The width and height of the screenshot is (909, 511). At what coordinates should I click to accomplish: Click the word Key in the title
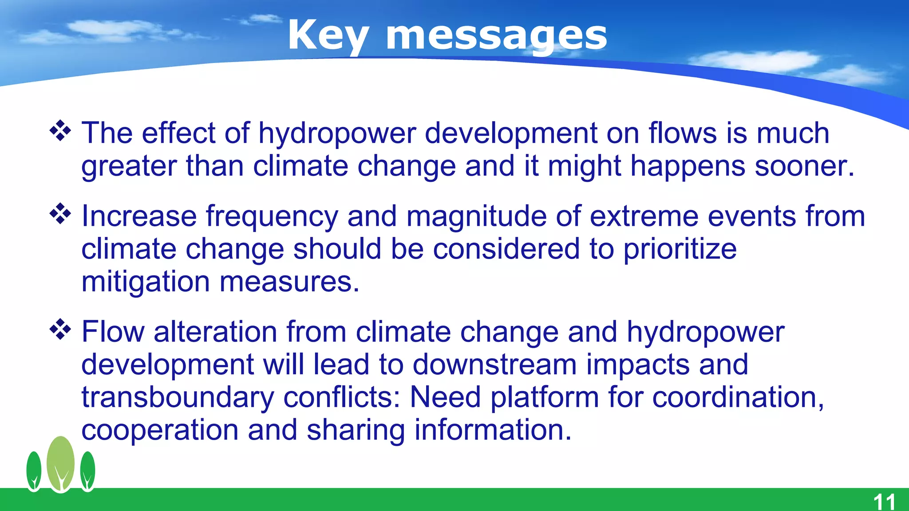[x=328, y=35]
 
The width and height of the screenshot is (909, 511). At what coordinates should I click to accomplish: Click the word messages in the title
[x=496, y=35]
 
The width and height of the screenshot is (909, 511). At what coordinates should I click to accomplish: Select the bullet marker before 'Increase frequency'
[x=60, y=214]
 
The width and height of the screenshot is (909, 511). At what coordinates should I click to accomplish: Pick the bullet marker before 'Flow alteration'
[x=60, y=330]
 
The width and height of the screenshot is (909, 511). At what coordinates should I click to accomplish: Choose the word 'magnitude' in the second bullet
[x=476, y=216]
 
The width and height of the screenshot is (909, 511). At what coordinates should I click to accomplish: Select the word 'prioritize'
[x=680, y=249]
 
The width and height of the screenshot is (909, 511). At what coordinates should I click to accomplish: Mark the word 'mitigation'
[x=146, y=282]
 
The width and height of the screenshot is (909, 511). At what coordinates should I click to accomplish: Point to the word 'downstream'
[x=495, y=365]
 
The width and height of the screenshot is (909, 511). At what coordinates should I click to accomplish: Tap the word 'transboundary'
[x=178, y=397]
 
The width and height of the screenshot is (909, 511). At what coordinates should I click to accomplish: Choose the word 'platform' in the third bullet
[x=545, y=397]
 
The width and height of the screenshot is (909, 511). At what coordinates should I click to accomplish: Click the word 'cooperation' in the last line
[x=160, y=430]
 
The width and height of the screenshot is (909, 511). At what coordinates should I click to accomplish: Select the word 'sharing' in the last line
[x=356, y=430]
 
